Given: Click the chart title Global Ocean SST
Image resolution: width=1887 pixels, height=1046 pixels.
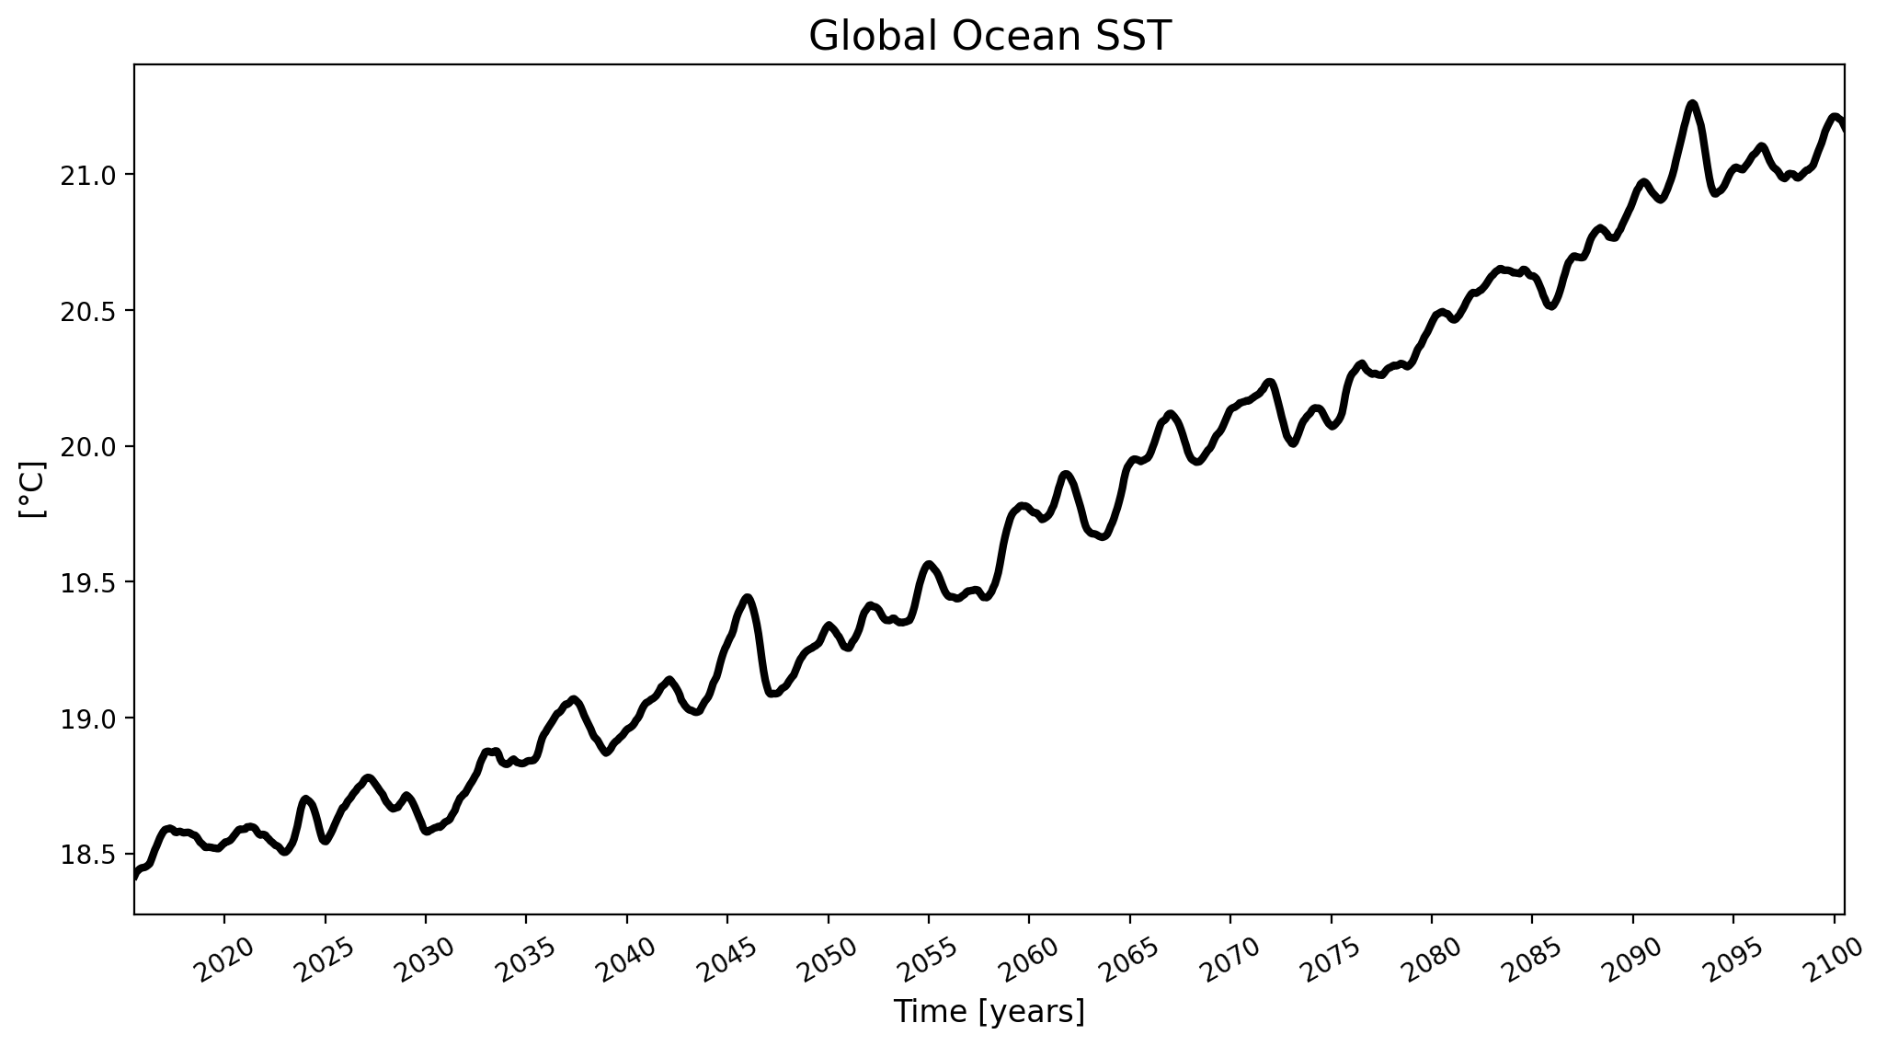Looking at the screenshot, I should (989, 37).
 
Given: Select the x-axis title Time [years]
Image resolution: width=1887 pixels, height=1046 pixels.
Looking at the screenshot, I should (989, 1012).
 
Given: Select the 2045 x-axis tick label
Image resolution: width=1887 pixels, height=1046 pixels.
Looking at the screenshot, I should (728, 961).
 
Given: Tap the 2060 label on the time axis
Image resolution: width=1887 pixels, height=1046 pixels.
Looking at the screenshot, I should (1030, 961).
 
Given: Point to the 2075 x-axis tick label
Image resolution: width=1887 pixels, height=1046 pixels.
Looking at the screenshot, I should (1332, 961).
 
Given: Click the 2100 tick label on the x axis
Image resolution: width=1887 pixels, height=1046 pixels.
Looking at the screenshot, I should (1835, 961).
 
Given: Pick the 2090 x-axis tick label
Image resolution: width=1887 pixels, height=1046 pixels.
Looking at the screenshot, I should (1634, 961).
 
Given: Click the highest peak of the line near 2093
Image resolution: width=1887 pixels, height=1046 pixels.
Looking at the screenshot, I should (1692, 103).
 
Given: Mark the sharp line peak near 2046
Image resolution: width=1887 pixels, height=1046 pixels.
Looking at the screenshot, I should (748, 597).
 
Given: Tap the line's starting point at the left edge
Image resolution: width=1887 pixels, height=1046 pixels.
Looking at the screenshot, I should (136, 876).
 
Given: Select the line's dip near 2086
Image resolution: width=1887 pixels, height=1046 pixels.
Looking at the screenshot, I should (1551, 306).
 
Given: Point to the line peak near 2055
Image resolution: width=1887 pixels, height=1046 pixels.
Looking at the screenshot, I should (930, 564).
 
